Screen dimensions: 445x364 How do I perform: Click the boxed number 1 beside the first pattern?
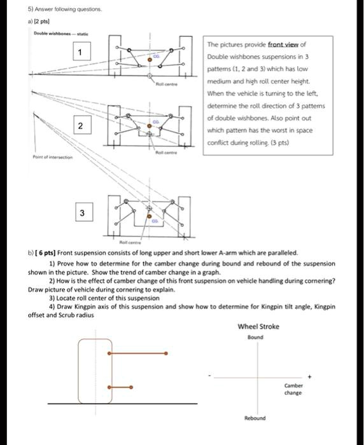click(79, 51)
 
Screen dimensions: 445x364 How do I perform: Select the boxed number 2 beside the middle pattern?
click(79, 126)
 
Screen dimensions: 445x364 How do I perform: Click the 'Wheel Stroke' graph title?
click(258, 327)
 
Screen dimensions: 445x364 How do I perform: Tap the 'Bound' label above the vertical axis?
click(255, 338)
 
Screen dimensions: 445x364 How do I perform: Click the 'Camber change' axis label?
click(293, 390)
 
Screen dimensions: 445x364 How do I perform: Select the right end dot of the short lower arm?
click(131, 387)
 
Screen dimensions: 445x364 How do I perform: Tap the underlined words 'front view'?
click(285, 44)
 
